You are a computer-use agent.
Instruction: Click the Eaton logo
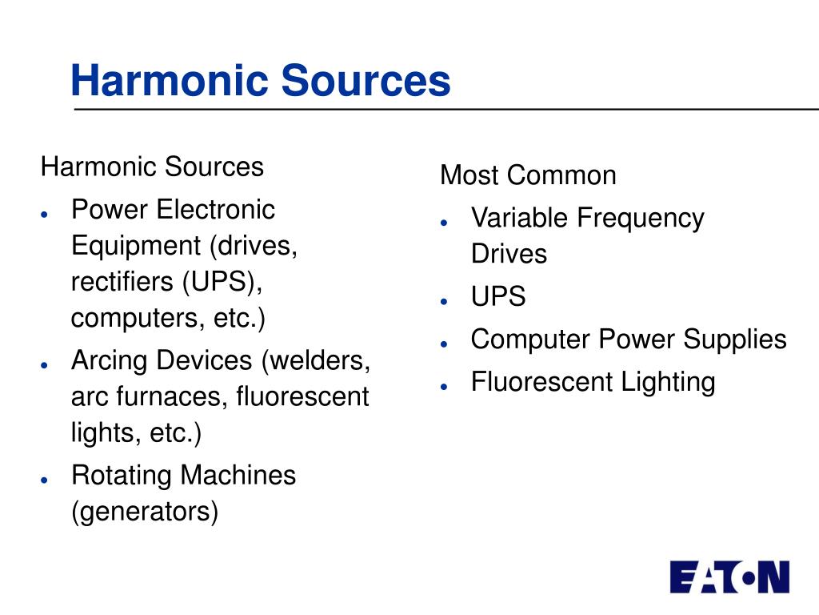729,577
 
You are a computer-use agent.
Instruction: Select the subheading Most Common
528,175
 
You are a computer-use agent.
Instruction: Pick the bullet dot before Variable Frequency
445,222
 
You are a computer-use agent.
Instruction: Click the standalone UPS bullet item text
498,297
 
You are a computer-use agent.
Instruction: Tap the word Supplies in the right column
735,340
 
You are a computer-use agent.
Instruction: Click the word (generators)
145,511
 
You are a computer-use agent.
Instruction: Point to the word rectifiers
122,282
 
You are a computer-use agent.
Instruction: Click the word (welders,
315,360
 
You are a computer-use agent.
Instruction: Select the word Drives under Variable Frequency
509,254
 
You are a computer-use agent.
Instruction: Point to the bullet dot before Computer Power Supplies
445,344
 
